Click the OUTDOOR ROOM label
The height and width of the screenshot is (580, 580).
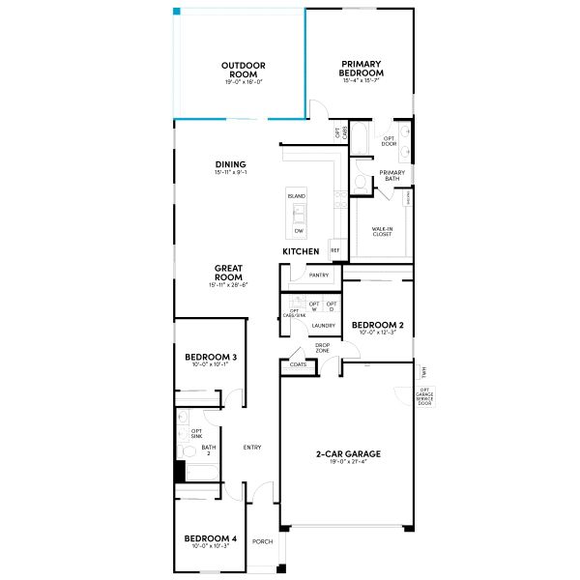pyautogui.click(x=243, y=70)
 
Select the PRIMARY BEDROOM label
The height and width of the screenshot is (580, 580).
pyautogui.click(x=362, y=70)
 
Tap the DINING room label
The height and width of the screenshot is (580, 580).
pyautogui.click(x=230, y=164)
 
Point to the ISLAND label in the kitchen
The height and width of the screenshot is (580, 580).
pyautogui.click(x=296, y=196)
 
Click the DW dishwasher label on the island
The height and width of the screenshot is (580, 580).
pyautogui.click(x=299, y=232)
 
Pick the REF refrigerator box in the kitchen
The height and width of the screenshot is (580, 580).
pyautogui.click(x=335, y=249)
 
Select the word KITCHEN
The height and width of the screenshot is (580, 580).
pyautogui.click(x=301, y=251)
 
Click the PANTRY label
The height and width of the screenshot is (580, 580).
pyautogui.click(x=319, y=275)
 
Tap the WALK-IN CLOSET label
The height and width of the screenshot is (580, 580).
pyautogui.click(x=381, y=232)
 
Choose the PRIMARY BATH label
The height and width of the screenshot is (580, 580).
pyautogui.click(x=391, y=176)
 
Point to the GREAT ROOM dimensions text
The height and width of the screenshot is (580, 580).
pyautogui.click(x=228, y=285)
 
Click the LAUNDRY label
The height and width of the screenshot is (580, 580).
pyautogui.click(x=323, y=326)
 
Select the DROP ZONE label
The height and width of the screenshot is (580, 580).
pyautogui.click(x=323, y=348)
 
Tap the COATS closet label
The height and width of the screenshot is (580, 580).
pyautogui.click(x=296, y=365)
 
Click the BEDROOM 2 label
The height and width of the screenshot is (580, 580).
pyautogui.click(x=376, y=325)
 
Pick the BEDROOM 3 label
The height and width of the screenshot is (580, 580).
pyautogui.click(x=211, y=357)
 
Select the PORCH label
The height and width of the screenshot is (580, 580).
pyautogui.click(x=262, y=541)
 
